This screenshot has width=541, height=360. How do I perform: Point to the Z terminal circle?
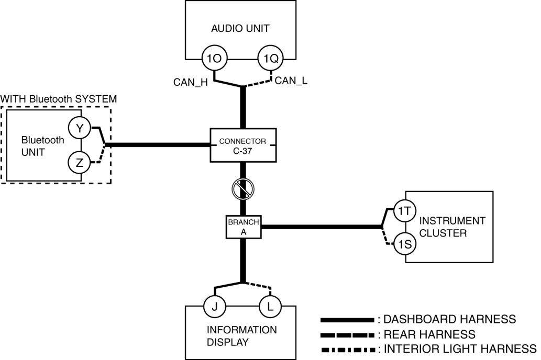point(80,163)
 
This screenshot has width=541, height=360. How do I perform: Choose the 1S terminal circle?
point(403,244)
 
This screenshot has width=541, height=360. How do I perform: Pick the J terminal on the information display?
point(214,307)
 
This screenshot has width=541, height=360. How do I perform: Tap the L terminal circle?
point(270,307)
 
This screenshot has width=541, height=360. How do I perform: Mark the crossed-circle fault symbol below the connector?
point(242,188)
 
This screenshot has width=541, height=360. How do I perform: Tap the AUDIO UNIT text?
point(240,28)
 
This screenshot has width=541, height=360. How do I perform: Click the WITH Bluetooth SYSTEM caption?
point(58,98)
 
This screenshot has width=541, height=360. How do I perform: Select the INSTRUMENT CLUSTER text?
point(452,227)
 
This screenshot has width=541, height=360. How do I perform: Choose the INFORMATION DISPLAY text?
point(241,335)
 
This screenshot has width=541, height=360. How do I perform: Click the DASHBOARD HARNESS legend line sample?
point(346,319)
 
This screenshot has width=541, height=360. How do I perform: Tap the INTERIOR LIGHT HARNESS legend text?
point(460,348)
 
